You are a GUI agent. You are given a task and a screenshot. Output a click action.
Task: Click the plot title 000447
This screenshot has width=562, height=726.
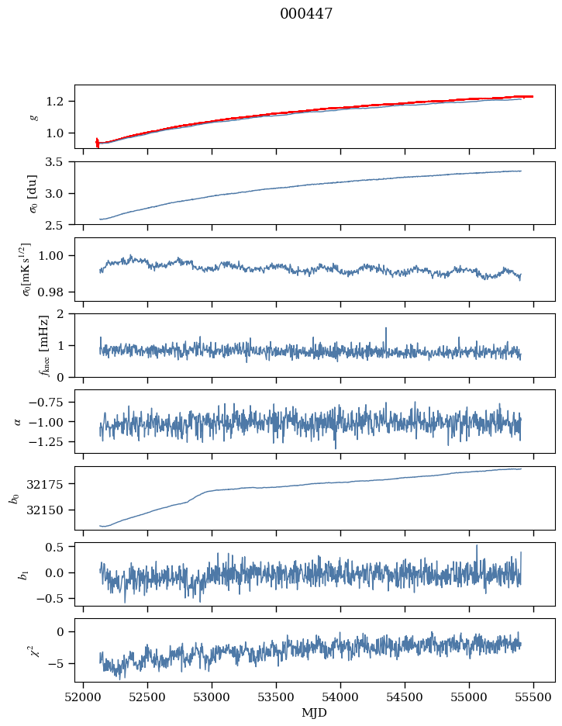coord(306,14)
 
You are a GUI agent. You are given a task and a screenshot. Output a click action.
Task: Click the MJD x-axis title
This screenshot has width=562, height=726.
coord(315,712)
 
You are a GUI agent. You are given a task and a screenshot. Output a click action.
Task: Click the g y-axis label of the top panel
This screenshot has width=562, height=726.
coord(33,116)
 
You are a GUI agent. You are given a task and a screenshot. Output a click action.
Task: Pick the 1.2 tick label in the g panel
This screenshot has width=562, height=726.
coord(59,102)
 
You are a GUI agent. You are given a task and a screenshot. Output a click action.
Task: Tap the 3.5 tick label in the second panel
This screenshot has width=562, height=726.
coord(59,162)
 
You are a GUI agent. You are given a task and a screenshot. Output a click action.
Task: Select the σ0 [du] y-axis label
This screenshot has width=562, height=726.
coord(33,192)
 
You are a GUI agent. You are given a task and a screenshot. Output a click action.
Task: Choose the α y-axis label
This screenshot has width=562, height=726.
coord(19,421)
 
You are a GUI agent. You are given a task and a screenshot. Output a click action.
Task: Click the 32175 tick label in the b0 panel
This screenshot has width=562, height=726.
coord(50,484)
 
